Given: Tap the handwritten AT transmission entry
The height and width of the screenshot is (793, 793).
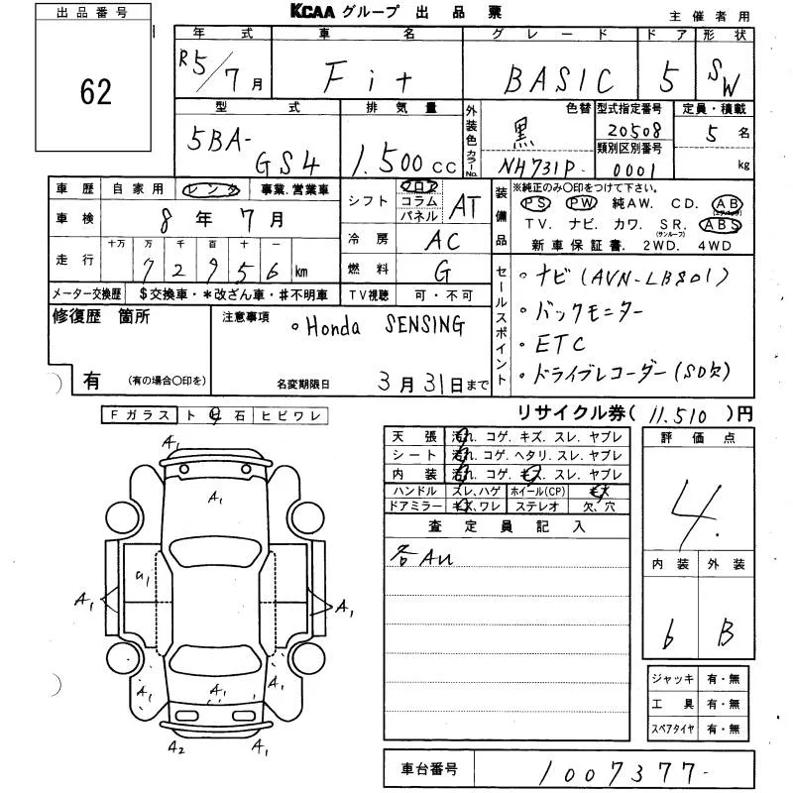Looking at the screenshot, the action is click(463, 205).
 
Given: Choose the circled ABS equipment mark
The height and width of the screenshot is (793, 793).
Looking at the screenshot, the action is click(727, 224).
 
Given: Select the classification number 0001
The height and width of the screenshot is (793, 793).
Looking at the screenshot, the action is click(624, 170).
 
